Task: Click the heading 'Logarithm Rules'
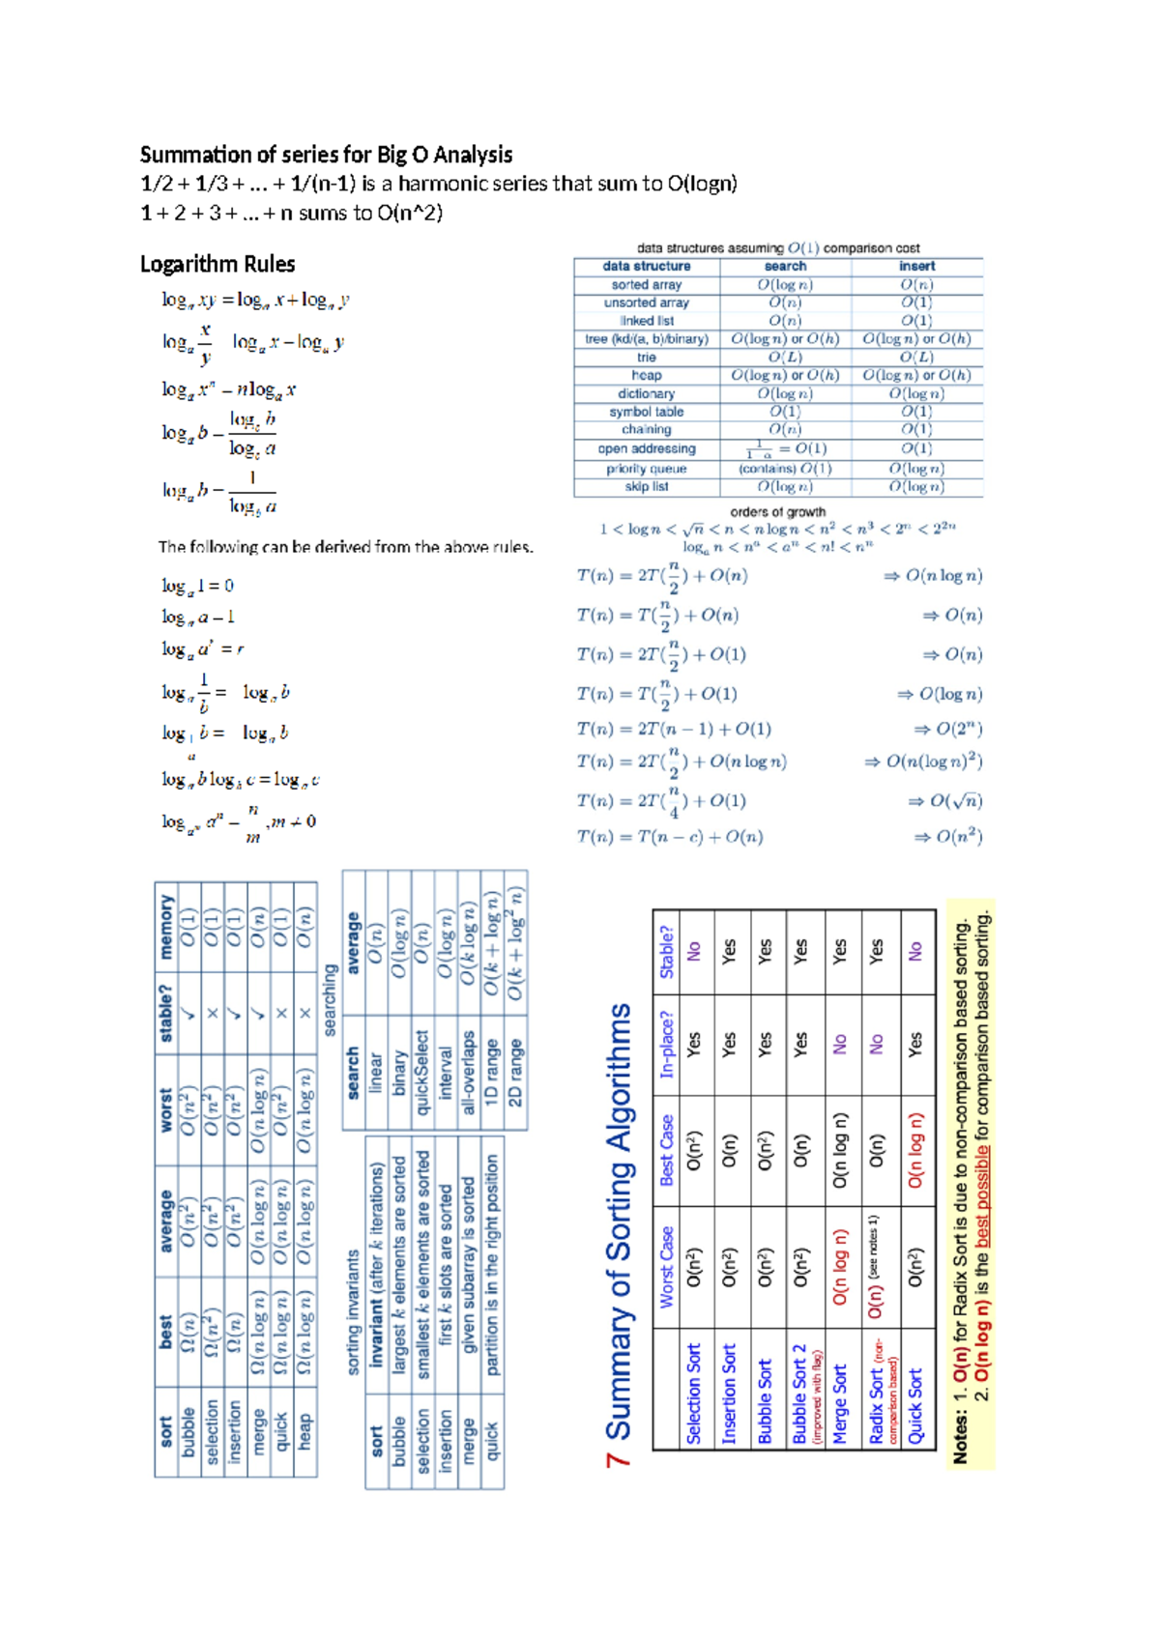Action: click(217, 265)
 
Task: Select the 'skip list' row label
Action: click(646, 487)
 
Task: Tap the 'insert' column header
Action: click(916, 267)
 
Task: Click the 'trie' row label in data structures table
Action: click(646, 358)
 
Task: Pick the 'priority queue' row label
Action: click(646, 469)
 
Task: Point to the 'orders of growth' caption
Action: click(777, 512)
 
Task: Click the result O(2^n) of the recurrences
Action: click(958, 730)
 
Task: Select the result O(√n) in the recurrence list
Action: click(955, 801)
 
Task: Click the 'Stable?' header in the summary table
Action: click(666, 952)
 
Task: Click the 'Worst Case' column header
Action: click(666, 1267)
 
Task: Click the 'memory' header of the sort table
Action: click(166, 927)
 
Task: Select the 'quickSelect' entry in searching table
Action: click(421, 1072)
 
